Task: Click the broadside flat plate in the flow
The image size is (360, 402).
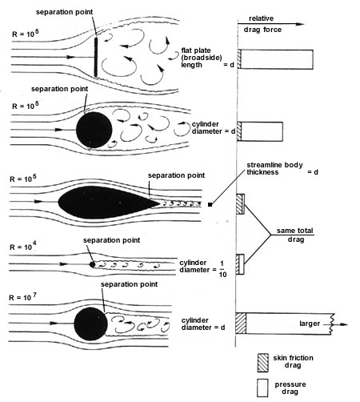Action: [x=96, y=57]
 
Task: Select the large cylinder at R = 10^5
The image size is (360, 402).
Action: [x=94, y=130]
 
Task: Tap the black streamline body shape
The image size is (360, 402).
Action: [x=109, y=203]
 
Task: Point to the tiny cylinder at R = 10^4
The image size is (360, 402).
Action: [x=92, y=264]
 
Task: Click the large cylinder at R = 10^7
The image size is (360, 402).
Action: [x=90, y=324]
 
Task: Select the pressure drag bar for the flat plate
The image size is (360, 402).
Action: [x=277, y=59]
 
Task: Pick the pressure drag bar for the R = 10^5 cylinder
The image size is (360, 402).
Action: [x=262, y=131]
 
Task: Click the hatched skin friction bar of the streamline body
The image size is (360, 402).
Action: [x=238, y=204]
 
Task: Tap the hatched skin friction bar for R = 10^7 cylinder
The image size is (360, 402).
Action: [x=241, y=324]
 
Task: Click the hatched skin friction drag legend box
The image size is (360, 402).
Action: [x=263, y=363]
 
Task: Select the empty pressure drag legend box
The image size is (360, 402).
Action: [x=262, y=388]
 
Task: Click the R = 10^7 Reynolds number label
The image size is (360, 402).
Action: [x=22, y=297]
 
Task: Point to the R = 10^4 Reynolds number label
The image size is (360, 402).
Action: [x=23, y=247]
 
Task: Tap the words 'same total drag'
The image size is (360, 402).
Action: [x=295, y=235]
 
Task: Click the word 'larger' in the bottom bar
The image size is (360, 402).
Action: [x=310, y=324]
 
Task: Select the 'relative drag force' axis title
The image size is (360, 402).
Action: [x=262, y=24]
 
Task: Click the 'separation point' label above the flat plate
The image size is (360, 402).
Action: [x=65, y=12]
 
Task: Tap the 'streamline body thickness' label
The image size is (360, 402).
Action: [x=275, y=168]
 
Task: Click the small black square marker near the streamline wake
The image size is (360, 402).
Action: [x=210, y=205]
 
